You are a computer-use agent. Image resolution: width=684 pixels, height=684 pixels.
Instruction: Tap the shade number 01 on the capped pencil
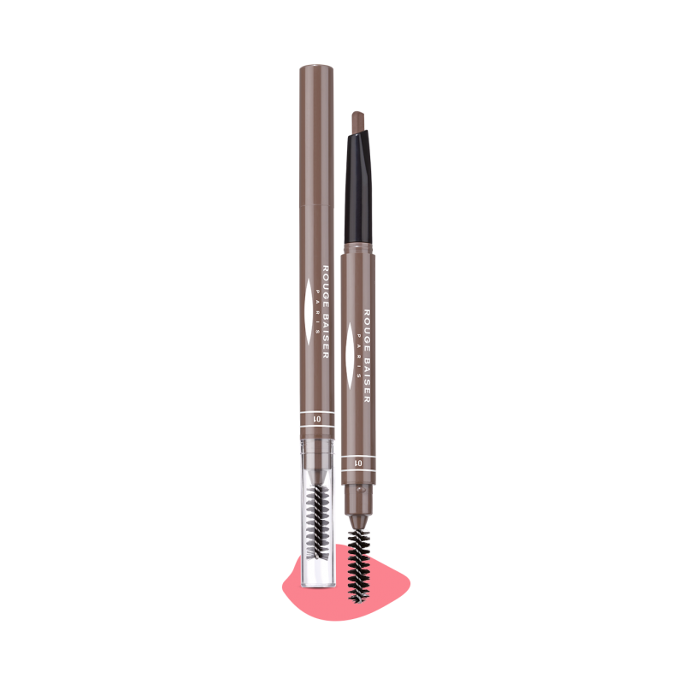[x=317, y=419]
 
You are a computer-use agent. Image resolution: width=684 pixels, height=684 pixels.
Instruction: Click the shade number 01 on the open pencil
[x=358, y=463]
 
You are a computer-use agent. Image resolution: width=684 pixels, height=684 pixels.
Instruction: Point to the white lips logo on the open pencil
[x=349, y=356]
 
